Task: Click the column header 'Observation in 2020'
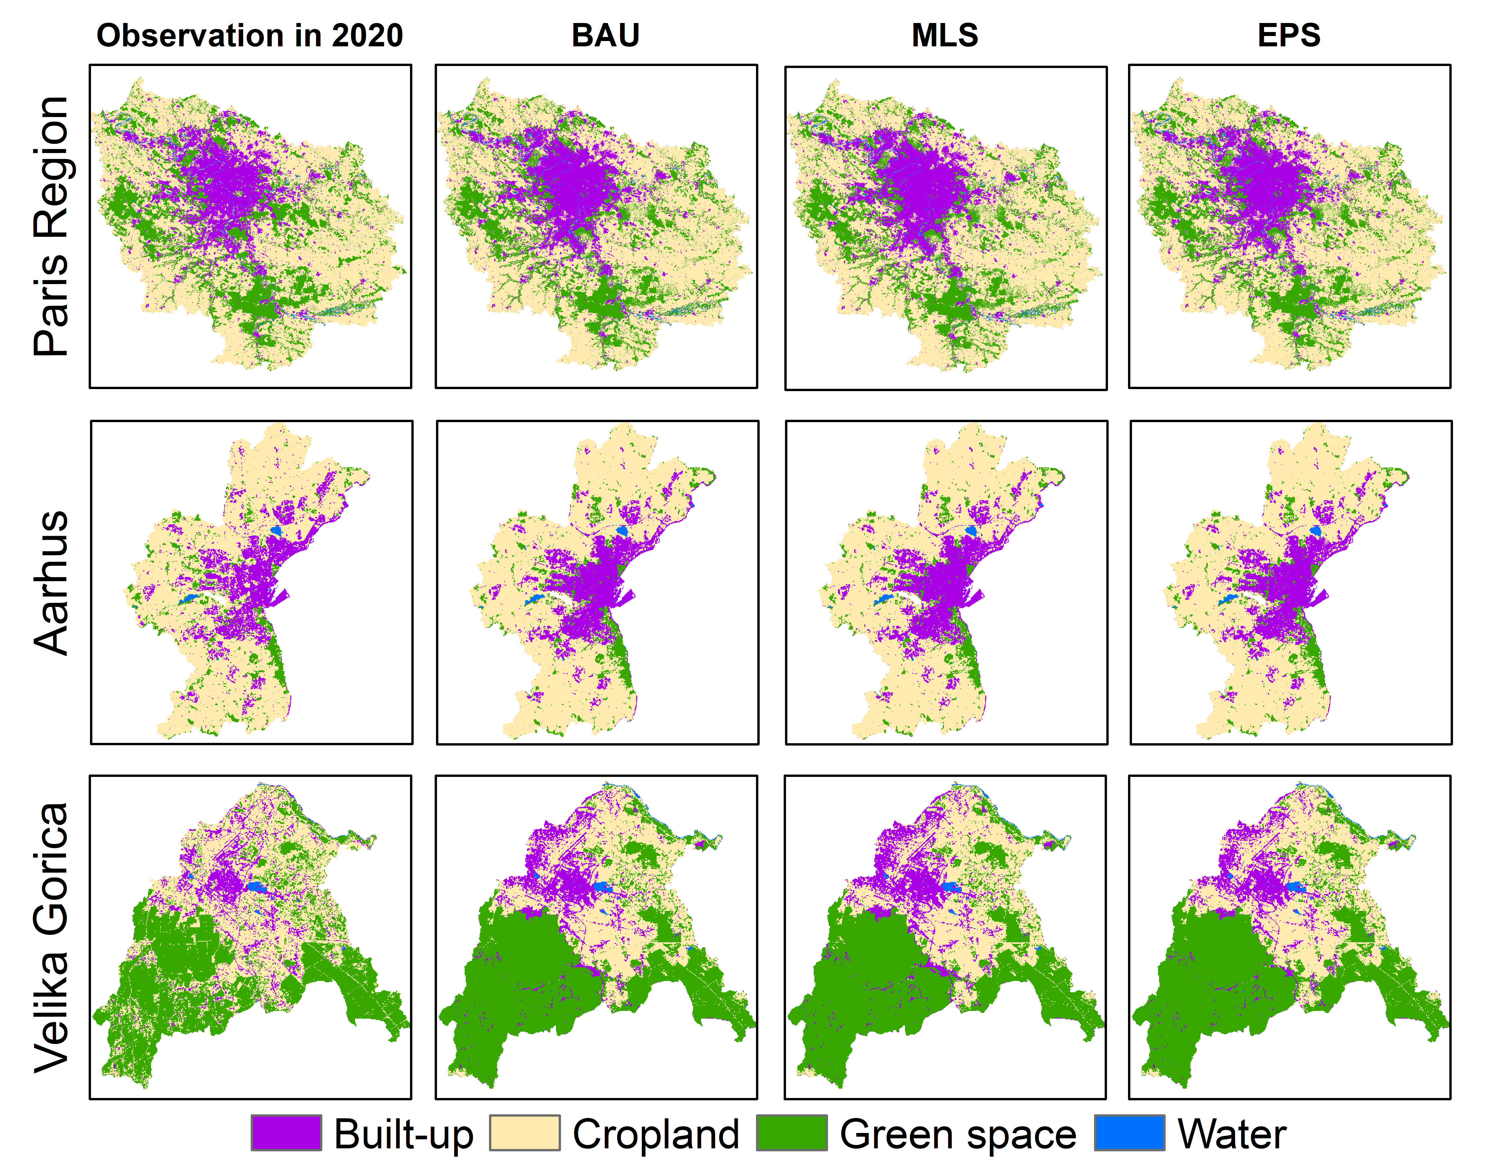tap(249, 36)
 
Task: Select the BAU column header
tap(605, 36)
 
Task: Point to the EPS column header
tap(1288, 36)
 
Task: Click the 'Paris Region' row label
tap(52, 227)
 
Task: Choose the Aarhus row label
tap(52, 582)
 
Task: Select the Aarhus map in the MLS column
tap(946, 582)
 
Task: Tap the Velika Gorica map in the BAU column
tap(596, 937)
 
